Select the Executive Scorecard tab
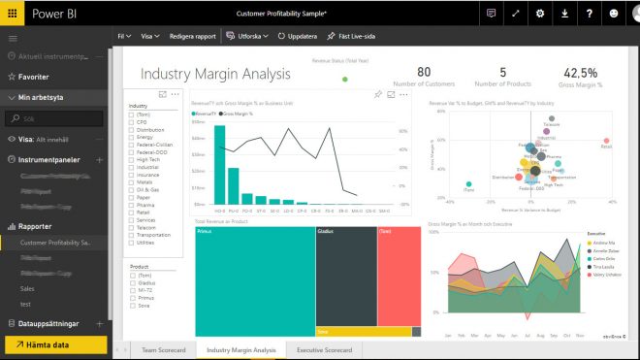[324, 349]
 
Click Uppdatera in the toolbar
[298, 35]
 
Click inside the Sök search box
[58, 117]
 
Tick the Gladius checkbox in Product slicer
[132, 282]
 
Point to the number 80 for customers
[424, 73]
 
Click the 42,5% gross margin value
[580, 73]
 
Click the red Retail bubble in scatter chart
[606, 142]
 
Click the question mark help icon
[589, 14]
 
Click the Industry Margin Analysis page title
[215, 75]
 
